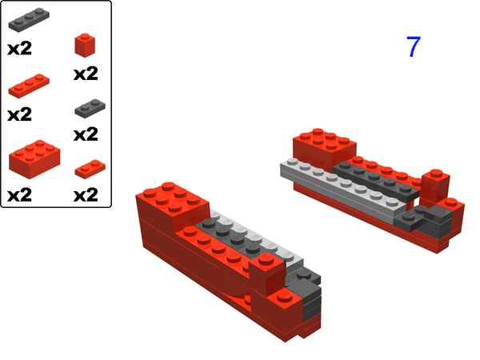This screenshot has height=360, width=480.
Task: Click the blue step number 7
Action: (413, 47)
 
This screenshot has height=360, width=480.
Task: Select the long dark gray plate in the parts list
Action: (30, 19)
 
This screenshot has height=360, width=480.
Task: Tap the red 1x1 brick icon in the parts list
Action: (86, 45)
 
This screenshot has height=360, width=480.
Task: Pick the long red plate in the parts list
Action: (30, 83)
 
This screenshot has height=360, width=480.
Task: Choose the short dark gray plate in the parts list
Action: (86, 107)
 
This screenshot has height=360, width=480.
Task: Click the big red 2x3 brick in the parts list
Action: (34, 156)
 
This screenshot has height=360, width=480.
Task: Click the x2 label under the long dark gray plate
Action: (19, 48)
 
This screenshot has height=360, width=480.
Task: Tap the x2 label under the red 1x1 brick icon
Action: (86, 74)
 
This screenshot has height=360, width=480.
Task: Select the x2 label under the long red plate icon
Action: (19, 114)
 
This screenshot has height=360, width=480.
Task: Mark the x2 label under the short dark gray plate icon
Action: (86, 134)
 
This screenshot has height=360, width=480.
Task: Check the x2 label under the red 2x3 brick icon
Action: (19, 194)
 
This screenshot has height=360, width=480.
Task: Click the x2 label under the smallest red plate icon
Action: (86, 194)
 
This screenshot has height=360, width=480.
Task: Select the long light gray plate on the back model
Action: (336, 187)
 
